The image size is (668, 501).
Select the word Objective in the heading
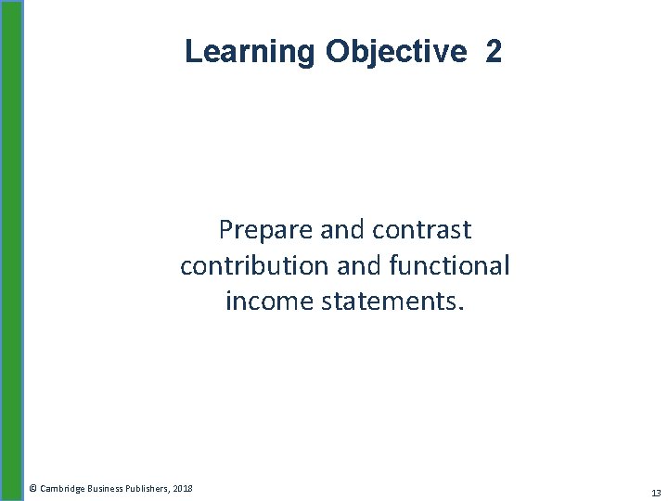(395, 51)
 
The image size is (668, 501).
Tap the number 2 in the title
(493, 51)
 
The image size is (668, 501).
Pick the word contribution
(245, 265)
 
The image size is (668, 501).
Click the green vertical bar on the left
(12, 250)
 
